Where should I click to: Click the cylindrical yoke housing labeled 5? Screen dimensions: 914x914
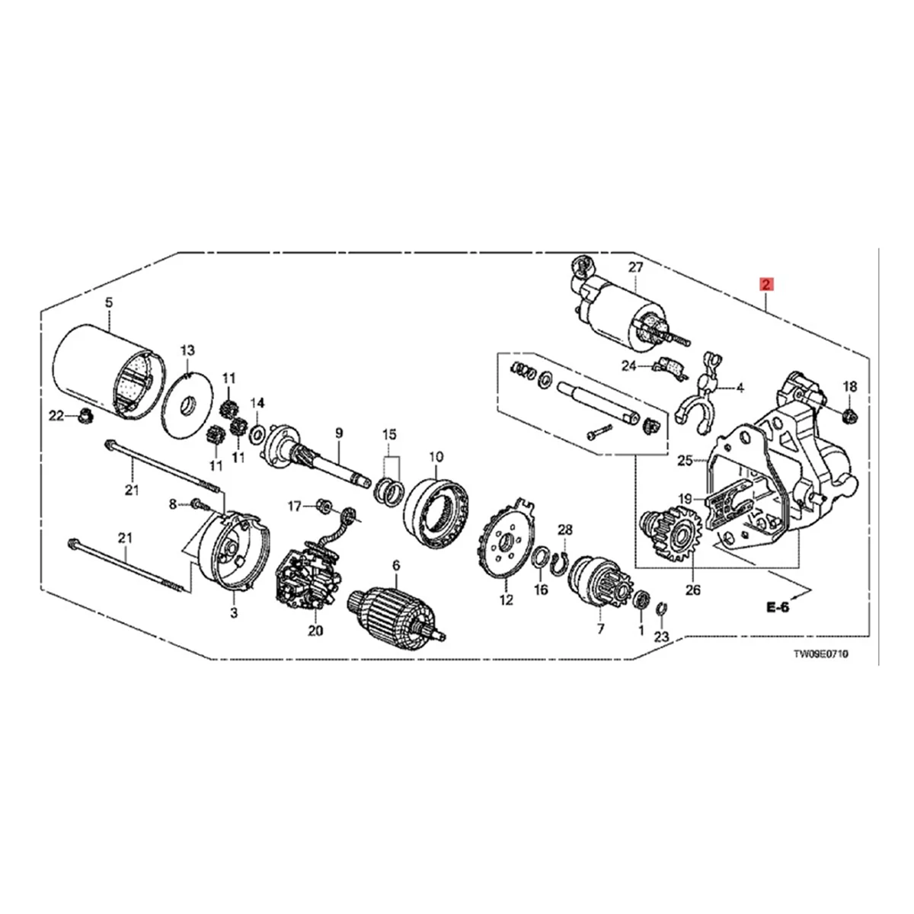tap(107, 373)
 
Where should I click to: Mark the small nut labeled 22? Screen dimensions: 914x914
tap(85, 416)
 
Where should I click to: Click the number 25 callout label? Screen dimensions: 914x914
tap(684, 460)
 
